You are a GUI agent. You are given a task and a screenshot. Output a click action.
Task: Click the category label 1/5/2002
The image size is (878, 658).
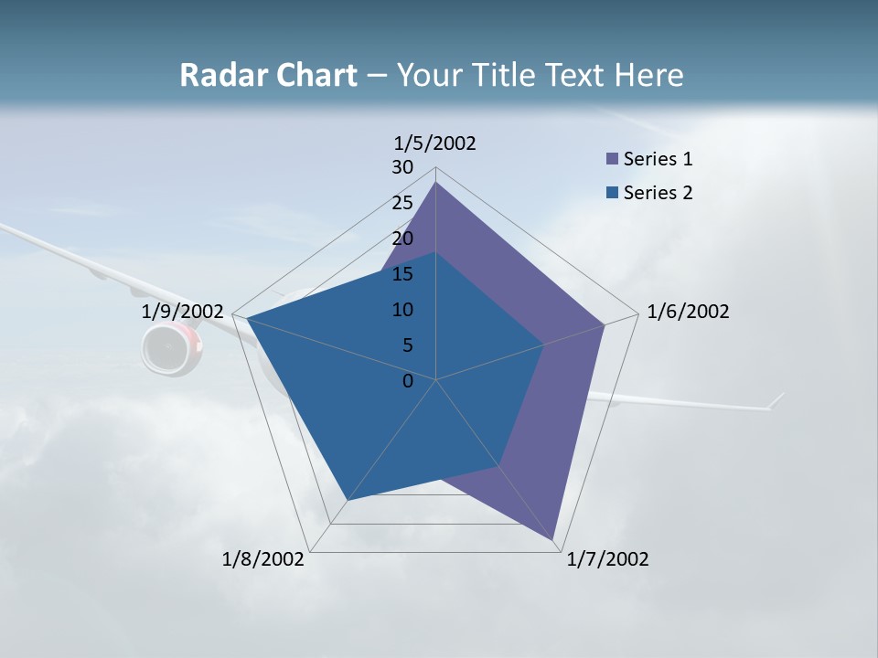(x=435, y=143)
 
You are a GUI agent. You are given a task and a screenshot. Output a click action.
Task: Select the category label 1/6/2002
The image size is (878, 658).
(x=688, y=312)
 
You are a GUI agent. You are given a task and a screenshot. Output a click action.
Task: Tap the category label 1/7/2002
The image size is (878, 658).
(x=607, y=559)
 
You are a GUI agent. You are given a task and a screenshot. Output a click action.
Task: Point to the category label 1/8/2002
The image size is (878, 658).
(x=263, y=559)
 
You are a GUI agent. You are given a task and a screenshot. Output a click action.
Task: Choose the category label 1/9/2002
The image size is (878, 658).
(x=183, y=312)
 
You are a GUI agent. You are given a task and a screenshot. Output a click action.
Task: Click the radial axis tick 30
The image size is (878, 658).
(x=402, y=167)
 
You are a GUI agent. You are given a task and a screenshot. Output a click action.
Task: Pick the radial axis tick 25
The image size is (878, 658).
(x=402, y=203)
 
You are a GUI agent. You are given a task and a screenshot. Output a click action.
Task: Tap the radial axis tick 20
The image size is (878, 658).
(x=402, y=239)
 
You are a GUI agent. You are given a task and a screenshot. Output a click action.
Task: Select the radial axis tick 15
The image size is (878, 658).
(x=402, y=274)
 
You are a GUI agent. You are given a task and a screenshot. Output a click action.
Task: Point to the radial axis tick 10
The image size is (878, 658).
(x=402, y=310)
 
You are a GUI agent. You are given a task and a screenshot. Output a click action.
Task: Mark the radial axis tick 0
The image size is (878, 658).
(x=408, y=381)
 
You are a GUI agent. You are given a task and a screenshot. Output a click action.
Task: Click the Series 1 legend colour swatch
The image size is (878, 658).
(x=612, y=159)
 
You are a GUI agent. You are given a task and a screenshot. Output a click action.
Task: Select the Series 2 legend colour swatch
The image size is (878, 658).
(x=612, y=193)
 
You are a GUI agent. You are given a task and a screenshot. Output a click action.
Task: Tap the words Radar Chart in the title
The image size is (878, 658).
(x=268, y=75)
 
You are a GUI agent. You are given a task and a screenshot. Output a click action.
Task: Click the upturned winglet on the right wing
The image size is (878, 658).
(x=777, y=400)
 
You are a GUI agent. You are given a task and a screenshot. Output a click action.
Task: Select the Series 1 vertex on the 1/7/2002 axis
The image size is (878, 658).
(x=552, y=538)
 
